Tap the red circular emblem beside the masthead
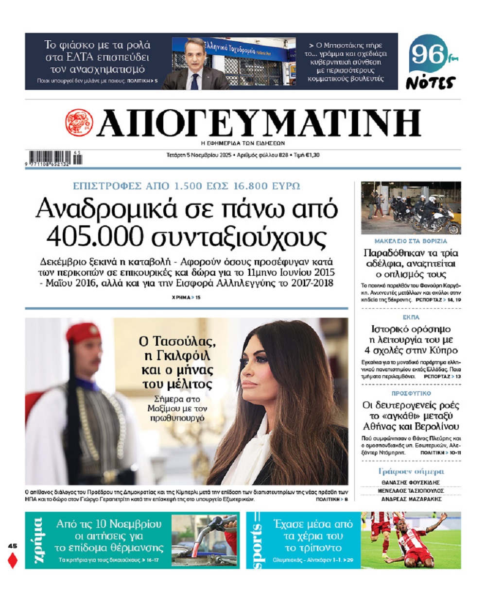(x=79, y=122)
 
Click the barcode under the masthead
(x=55, y=158)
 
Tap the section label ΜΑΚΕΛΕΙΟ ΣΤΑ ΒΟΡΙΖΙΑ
(x=411, y=241)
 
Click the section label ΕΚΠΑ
(x=411, y=317)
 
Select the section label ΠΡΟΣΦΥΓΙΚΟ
(x=411, y=393)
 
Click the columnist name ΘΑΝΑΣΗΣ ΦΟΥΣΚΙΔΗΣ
(x=411, y=483)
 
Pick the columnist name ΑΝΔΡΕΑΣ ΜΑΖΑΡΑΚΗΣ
(x=411, y=499)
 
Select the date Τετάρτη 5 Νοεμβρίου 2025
(x=199, y=155)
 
